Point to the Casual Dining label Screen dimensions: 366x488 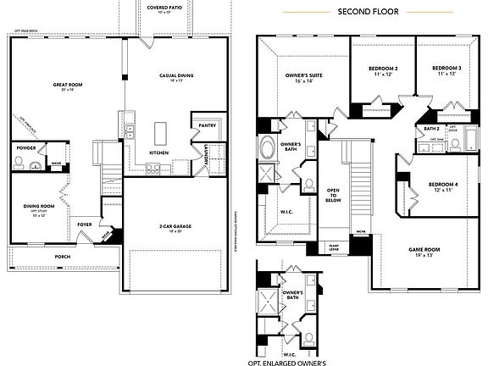[176, 77]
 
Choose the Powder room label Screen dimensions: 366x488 [25, 149]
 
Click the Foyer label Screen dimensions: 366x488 [85, 225]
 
